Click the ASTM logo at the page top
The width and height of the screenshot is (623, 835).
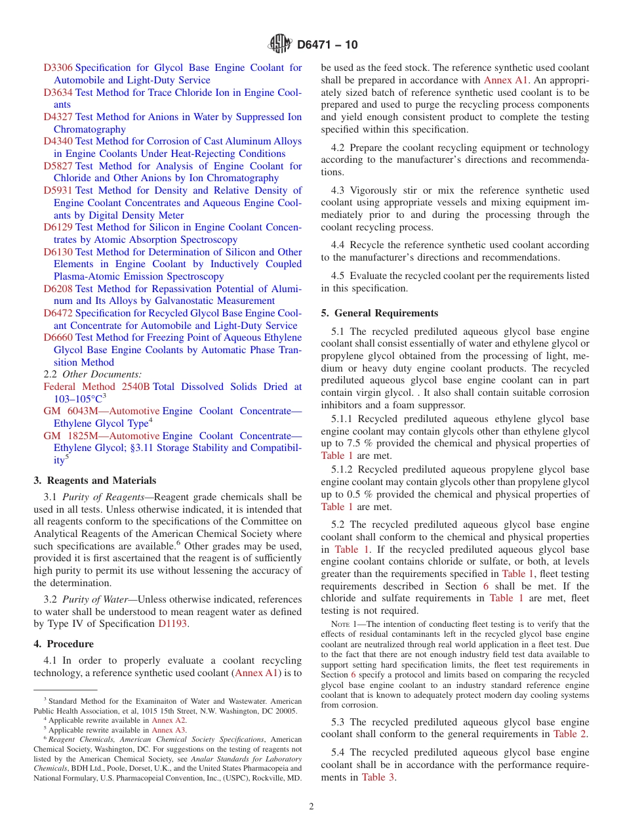coord(281,45)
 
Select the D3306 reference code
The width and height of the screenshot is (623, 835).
coord(58,68)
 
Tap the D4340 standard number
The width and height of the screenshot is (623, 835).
coord(58,141)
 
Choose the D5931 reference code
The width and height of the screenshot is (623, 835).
coord(58,190)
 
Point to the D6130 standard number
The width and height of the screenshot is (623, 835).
coord(58,252)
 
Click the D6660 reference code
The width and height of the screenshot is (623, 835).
coord(58,337)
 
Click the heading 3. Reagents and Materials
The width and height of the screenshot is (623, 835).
coord(95,481)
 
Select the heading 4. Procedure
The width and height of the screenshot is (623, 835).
coord(64,644)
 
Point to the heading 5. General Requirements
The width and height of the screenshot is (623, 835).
coord(380,313)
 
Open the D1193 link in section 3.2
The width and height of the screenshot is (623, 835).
coord(172,624)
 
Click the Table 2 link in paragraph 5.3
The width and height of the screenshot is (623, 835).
coord(570,734)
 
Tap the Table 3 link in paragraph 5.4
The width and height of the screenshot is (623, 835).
coord(378,777)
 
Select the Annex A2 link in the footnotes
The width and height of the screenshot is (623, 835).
coord(169,720)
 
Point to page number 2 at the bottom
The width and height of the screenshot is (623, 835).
coord(311,807)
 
